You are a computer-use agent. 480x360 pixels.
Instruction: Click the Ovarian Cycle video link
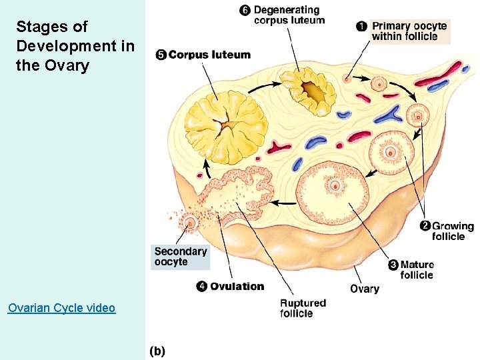(61, 308)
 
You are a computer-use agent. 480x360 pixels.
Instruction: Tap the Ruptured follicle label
(303, 308)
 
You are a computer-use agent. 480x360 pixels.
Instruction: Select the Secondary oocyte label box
(181, 257)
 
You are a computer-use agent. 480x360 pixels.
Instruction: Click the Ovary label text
(364, 289)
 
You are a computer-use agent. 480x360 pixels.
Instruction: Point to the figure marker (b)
(157, 351)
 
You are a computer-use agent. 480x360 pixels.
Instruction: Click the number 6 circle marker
(245, 10)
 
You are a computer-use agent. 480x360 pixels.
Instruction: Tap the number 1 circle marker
(361, 26)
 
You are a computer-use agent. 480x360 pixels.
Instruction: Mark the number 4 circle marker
(201, 287)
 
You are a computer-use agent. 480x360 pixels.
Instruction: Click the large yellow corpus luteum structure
(225, 124)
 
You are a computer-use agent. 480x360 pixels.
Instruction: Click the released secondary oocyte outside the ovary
(191, 223)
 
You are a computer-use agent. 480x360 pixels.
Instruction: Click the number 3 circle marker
(393, 265)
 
